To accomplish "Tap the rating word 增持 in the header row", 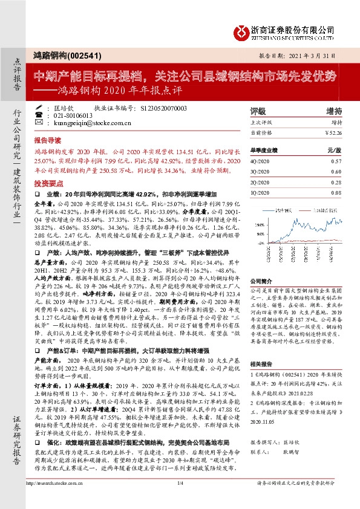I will [x=333, y=111].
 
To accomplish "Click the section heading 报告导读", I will [x=48, y=138].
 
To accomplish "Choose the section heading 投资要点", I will [x=48, y=182].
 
